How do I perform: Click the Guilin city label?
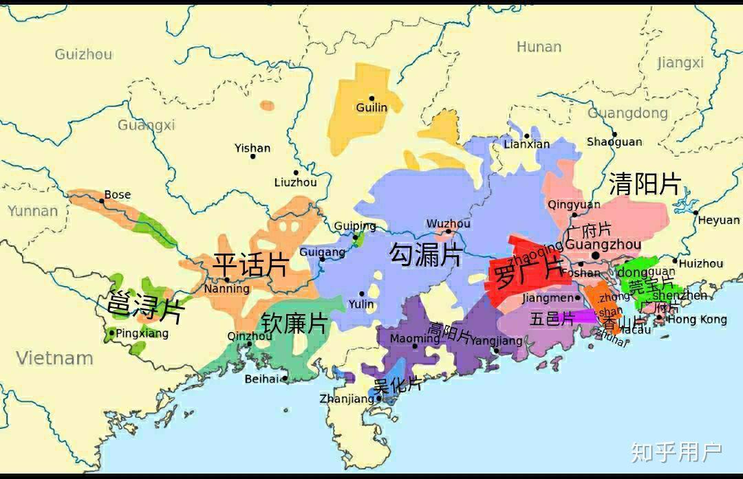[x=371, y=108]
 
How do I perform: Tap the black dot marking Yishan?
[x=252, y=157]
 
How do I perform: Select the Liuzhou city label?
[x=295, y=182]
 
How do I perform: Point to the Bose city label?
[x=117, y=194]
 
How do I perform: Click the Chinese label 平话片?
[x=250, y=265]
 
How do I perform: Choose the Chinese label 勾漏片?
[x=425, y=255]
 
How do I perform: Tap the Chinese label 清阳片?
[x=645, y=184]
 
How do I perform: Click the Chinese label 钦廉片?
[x=294, y=323]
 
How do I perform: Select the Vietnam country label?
[x=54, y=358]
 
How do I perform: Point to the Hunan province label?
[x=539, y=47]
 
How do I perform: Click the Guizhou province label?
[x=83, y=54]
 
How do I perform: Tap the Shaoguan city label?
[x=614, y=142]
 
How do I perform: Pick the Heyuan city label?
[x=719, y=221]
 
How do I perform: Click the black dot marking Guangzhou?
[x=595, y=255]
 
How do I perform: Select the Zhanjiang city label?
[x=347, y=399]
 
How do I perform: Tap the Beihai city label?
[x=262, y=379]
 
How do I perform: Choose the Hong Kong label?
[x=697, y=320]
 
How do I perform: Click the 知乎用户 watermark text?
[x=676, y=452]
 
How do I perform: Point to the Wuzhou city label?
[x=448, y=224]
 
